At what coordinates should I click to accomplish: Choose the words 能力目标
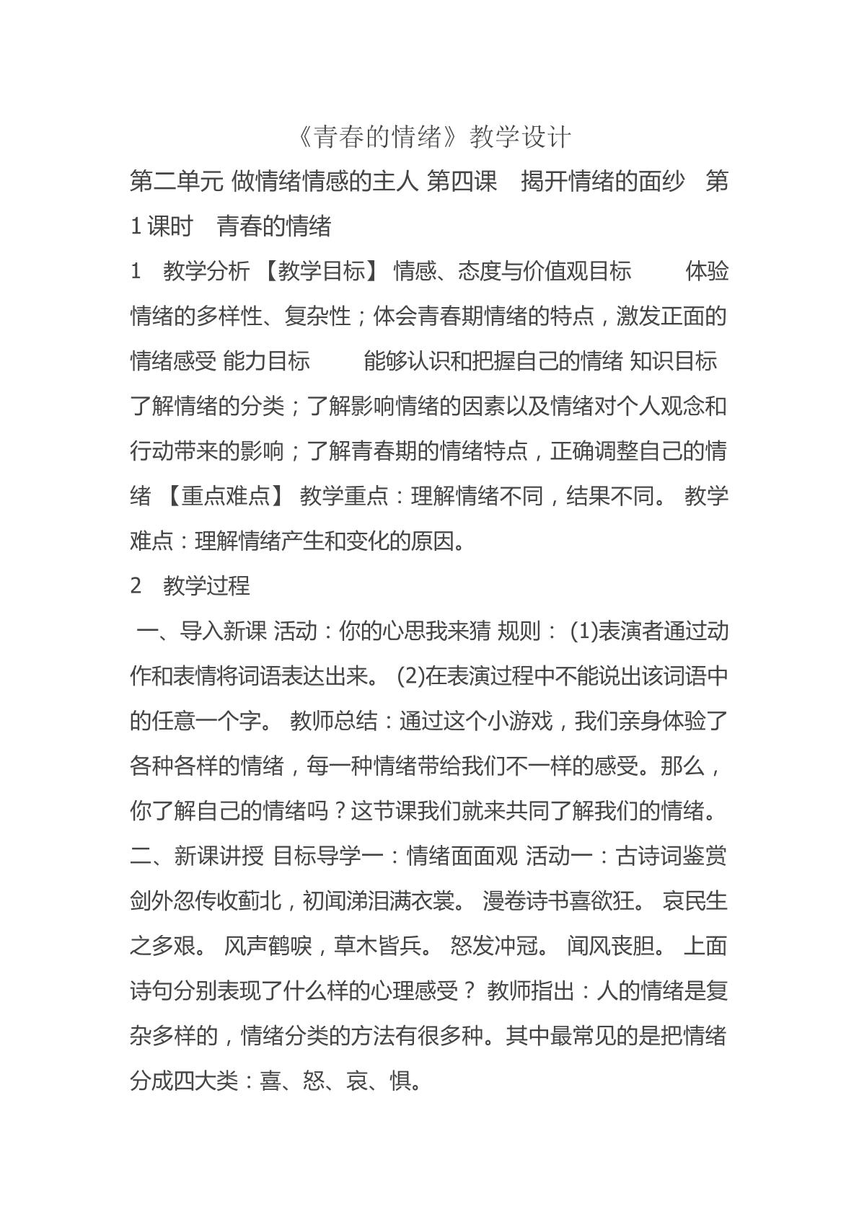coord(267,361)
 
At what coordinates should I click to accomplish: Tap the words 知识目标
coord(673,361)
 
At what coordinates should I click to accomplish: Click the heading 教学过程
coord(206,585)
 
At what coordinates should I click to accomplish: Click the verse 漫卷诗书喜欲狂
coord(560,901)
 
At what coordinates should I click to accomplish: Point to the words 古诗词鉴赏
coord(671,856)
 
